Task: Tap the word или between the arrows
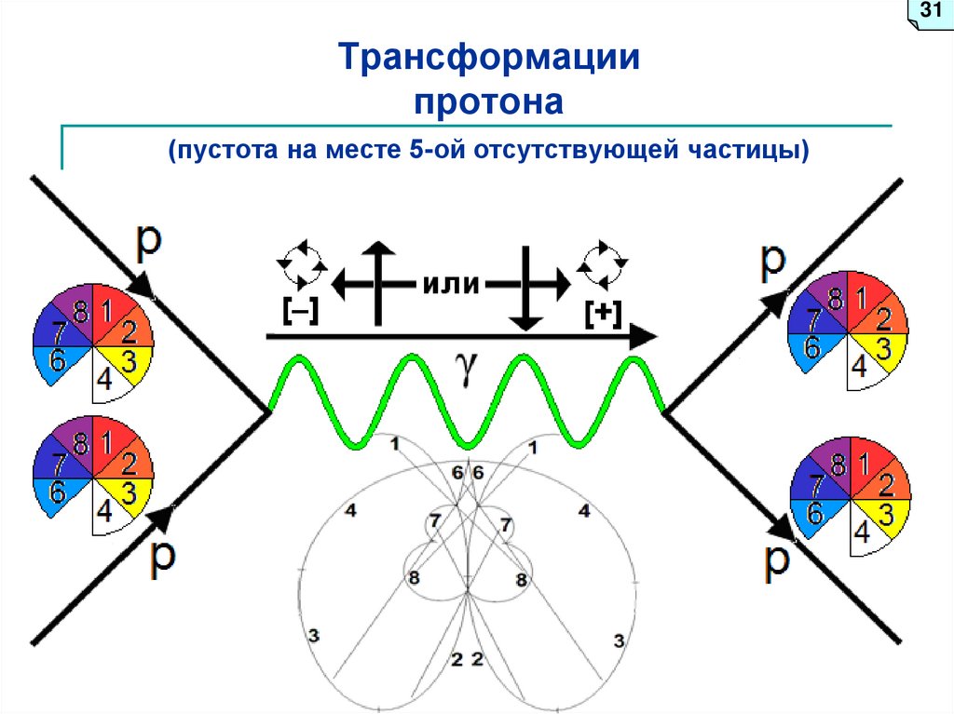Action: [450, 284]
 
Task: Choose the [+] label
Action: [604, 314]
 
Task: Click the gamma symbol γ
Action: [466, 367]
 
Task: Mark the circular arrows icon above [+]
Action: [602, 264]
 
